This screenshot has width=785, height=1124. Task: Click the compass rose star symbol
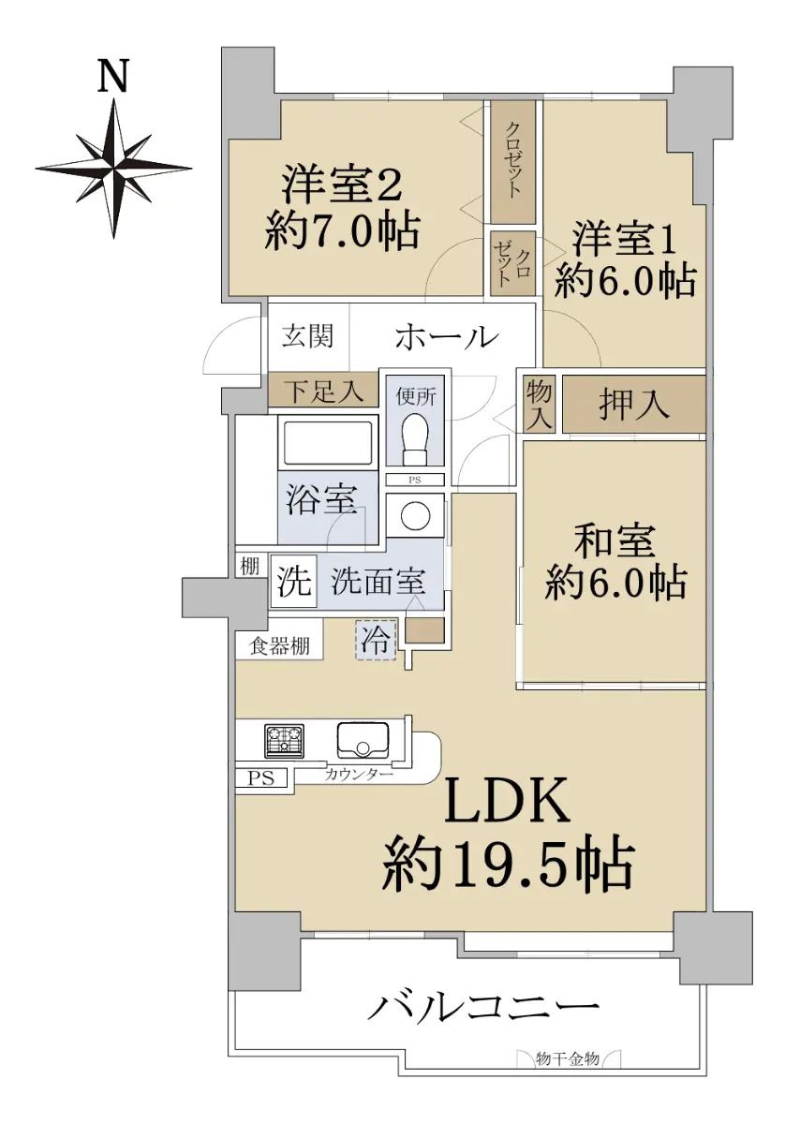pos(114,168)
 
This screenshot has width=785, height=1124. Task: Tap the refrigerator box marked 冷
pos(376,641)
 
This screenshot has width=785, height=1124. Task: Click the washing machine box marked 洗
pos(294,582)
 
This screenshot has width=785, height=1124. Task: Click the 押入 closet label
pos(634,405)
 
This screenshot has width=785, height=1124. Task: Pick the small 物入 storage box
pos(540,404)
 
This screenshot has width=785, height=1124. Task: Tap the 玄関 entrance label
pos(307,335)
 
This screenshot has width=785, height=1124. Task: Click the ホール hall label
pos(447,336)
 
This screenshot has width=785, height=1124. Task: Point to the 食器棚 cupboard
pos(279,646)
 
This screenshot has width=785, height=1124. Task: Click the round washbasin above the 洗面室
pos(416,514)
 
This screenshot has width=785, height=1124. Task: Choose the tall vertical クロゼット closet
pos(512,163)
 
